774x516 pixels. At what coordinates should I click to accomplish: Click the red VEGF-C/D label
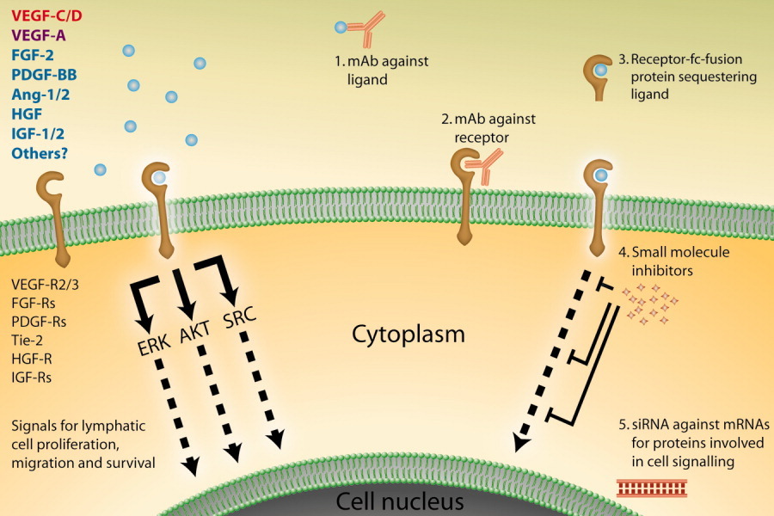pyautogui.click(x=46, y=15)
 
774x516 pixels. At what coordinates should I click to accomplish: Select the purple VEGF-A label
pyautogui.click(x=39, y=35)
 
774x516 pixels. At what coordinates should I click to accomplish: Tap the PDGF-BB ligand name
pyautogui.click(x=44, y=75)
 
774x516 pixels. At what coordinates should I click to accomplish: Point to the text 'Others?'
pyautogui.click(x=40, y=153)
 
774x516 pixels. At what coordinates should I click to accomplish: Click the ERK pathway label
pyautogui.click(x=154, y=344)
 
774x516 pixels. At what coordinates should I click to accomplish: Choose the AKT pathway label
pyautogui.click(x=194, y=331)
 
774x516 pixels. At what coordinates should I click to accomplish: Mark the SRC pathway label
pyautogui.click(x=239, y=317)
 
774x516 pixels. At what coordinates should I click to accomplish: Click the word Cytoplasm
pyautogui.click(x=408, y=335)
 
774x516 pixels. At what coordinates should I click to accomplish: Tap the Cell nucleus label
pyautogui.click(x=400, y=501)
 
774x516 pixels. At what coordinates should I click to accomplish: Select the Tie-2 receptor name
pyautogui.click(x=28, y=340)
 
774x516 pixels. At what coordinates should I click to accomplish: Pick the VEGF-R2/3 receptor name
pyautogui.click(x=45, y=285)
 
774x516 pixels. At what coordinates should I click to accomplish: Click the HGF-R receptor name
pyautogui.click(x=32, y=359)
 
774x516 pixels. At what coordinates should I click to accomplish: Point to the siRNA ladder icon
pyautogui.click(x=652, y=488)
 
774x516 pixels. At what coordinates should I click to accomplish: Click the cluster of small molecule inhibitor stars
pyautogui.click(x=650, y=304)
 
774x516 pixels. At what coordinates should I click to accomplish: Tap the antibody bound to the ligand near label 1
pyautogui.click(x=365, y=28)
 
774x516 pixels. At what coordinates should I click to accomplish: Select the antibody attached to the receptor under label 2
pyautogui.click(x=484, y=167)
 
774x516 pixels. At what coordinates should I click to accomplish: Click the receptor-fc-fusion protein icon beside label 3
pyautogui.click(x=598, y=77)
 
